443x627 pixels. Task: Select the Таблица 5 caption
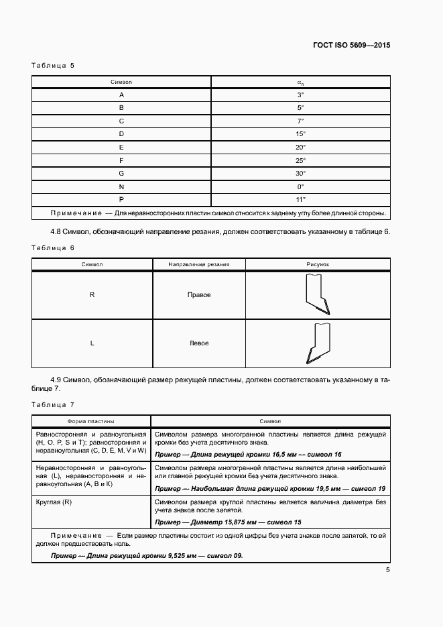tap(53, 66)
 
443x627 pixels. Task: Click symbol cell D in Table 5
tap(121, 133)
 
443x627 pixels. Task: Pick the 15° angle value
tap(300, 133)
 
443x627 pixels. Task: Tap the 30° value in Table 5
tap(300, 173)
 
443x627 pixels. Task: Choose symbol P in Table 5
tap(121, 199)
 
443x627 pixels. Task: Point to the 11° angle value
tap(300, 199)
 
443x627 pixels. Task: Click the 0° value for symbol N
tap(300, 186)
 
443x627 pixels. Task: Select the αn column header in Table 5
tap(300, 82)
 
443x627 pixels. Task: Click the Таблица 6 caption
tap(53, 248)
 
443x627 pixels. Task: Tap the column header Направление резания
tap(198, 264)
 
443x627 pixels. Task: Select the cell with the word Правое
tap(198, 295)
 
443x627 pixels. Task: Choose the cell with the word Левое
tap(198, 343)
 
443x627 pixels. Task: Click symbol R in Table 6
tap(92, 295)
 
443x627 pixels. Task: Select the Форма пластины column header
tap(90, 421)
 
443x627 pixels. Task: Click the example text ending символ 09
tap(147, 556)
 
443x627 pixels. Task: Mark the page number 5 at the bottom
tap(387, 570)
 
